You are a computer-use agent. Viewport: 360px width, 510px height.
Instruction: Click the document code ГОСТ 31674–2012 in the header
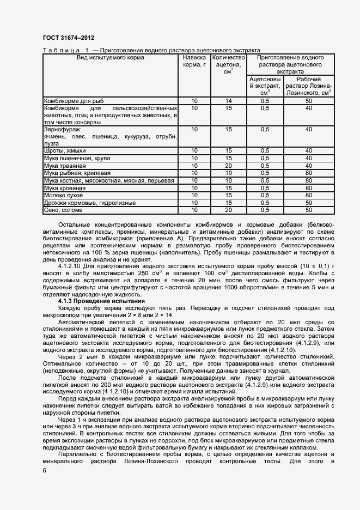pos(64,38)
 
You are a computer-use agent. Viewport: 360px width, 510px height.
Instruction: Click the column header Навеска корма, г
pos(194,60)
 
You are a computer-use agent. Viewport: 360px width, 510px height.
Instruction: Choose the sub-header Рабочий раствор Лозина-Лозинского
pos(309,86)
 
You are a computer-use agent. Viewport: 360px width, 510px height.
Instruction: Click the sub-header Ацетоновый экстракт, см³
pos(265,86)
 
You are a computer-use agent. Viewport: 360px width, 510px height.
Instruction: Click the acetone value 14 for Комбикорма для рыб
pos(229,101)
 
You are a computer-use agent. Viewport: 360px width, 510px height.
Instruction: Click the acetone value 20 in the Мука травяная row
pos(229,165)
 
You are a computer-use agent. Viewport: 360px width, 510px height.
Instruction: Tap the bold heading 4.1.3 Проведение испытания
pos(101,301)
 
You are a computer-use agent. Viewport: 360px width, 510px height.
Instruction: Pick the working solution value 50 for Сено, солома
pos(309,210)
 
